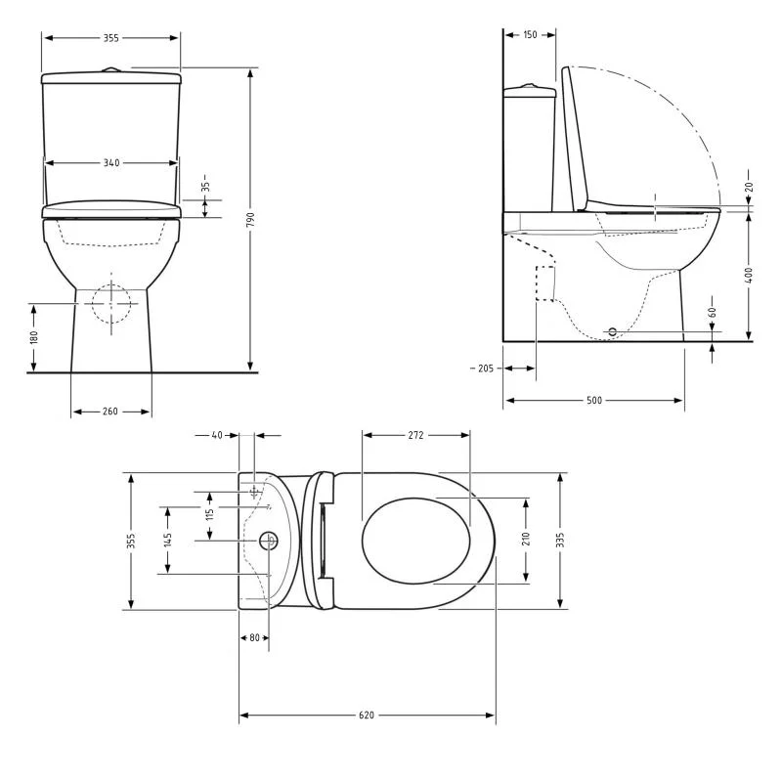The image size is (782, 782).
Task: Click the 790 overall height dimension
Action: click(x=250, y=219)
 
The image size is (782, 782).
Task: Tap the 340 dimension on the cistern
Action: click(x=111, y=162)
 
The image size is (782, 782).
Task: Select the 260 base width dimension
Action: click(x=110, y=411)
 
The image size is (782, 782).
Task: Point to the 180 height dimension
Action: click(x=34, y=337)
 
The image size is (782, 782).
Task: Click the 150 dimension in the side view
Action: click(x=530, y=34)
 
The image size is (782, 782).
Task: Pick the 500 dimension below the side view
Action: click(x=594, y=400)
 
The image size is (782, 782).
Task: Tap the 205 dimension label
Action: click(x=485, y=369)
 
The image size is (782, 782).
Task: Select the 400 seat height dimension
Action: click(x=749, y=276)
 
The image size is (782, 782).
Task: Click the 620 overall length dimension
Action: click(x=367, y=715)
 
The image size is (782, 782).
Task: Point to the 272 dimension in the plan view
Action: click(x=416, y=435)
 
